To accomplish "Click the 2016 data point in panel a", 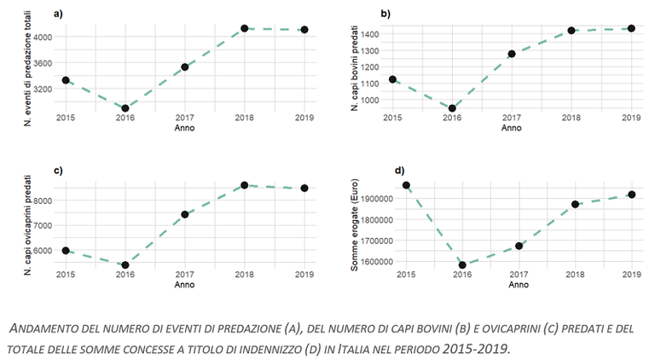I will click(x=125, y=108).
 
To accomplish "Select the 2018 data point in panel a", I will click(x=244, y=28).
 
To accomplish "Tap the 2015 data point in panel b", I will click(x=392, y=79).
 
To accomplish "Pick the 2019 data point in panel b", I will click(x=631, y=28).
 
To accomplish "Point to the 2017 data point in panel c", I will click(x=184, y=214).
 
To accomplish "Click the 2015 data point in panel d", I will click(x=406, y=185).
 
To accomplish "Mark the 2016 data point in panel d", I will click(x=462, y=265).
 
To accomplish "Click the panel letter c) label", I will click(x=58, y=171).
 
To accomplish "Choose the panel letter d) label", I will click(x=399, y=170).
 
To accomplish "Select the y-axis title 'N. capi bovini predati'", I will click(x=352, y=68).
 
